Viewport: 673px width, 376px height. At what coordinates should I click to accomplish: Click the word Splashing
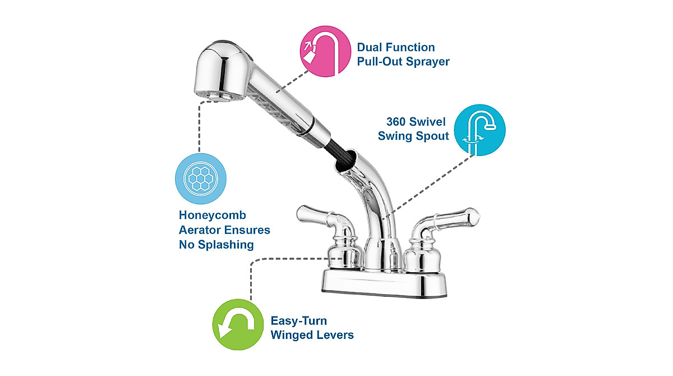click(x=229, y=245)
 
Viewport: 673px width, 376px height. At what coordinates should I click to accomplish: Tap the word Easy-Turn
click(x=298, y=322)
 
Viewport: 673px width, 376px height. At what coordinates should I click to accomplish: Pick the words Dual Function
click(x=395, y=48)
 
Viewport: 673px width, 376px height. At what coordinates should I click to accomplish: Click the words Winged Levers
click(x=312, y=336)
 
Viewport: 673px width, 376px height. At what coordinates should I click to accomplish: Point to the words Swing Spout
click(x=413, y=136)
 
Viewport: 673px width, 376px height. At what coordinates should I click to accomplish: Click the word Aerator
click(x=204, y=230)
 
